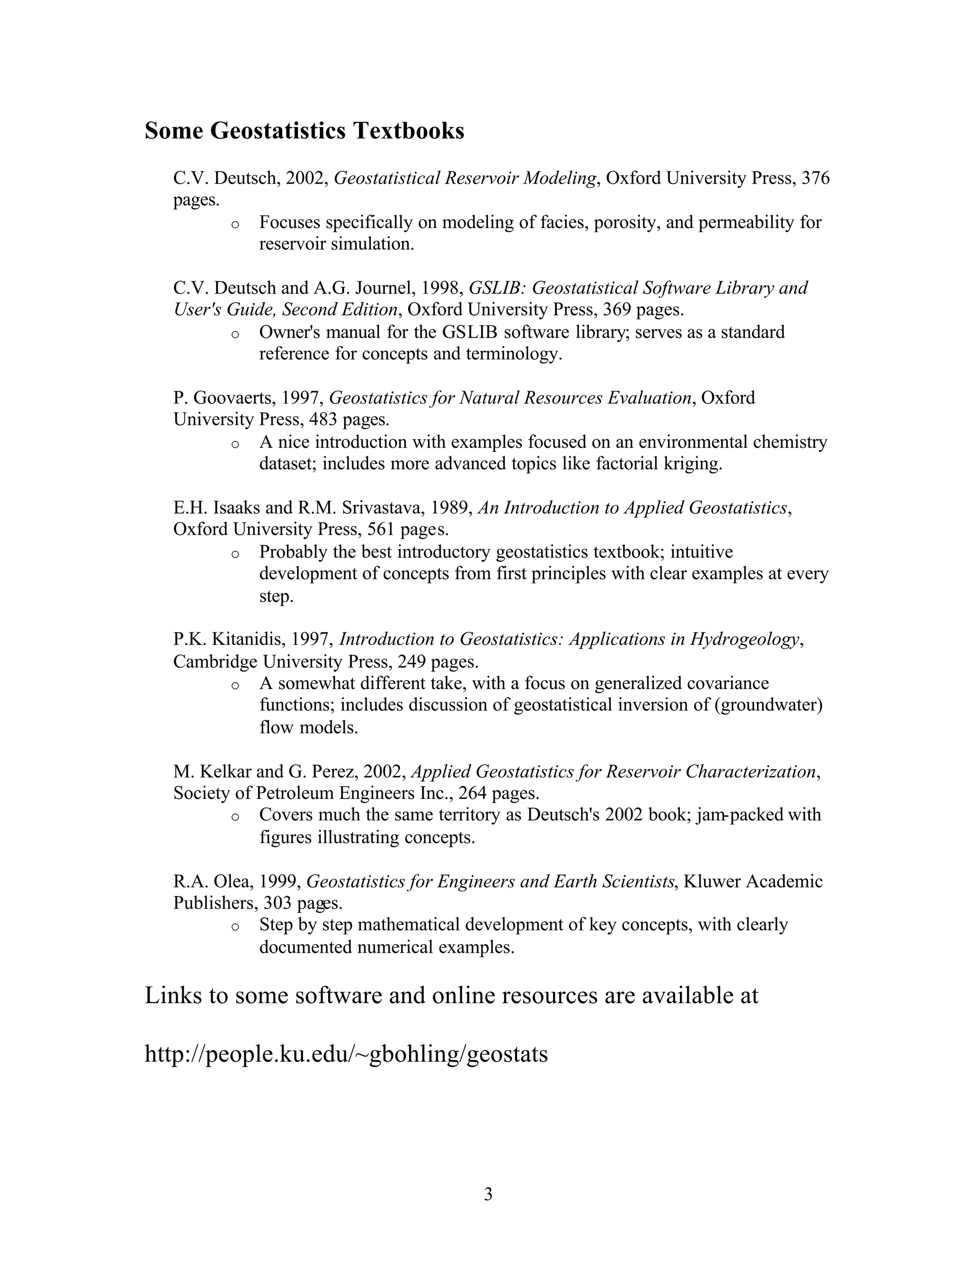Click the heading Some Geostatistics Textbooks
tap(304, 131)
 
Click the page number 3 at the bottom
tap(487, 1193)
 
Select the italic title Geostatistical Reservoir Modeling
tap(465, 178)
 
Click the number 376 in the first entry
tap(816, 178)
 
